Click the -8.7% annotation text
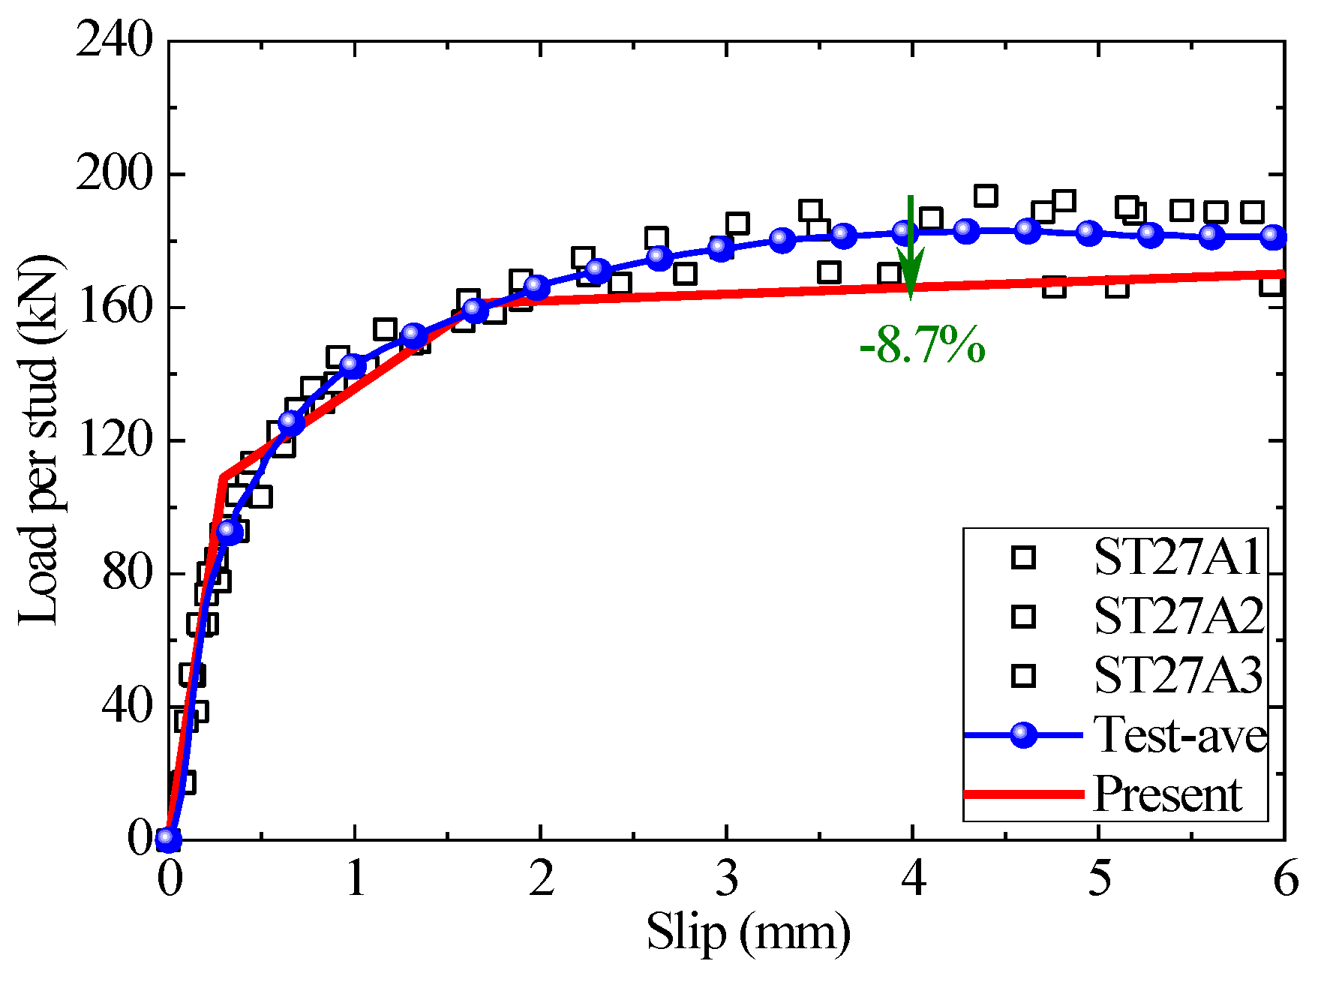click(x=922, y=347)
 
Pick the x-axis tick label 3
click(x=727, y=878)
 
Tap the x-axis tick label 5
click(x=1099, y=878)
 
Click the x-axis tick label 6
click(x=1285, y=878)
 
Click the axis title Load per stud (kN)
click(x=39, y=440)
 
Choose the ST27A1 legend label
click(x=1178, y=557)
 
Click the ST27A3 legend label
click(x=1178, y=675)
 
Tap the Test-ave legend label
click(x=1179, y=734)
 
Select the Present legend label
click(x=1167, y=794)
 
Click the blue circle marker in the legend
click(x=1023, y=735)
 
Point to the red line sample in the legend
click(x=1023, y=794)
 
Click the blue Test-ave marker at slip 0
click(x=169, y=839)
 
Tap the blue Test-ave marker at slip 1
click(x=353, y=365)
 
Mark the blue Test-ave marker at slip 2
click(x=536, y=287)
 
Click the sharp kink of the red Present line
click(x=223, y=476)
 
